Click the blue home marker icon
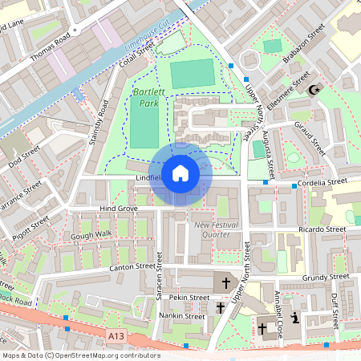tap(180, 173)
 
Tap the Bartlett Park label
tap(144, 99)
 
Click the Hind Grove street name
tap(118, 209)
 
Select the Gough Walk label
tap(91, 234)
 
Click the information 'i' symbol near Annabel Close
tap(296, 318)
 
